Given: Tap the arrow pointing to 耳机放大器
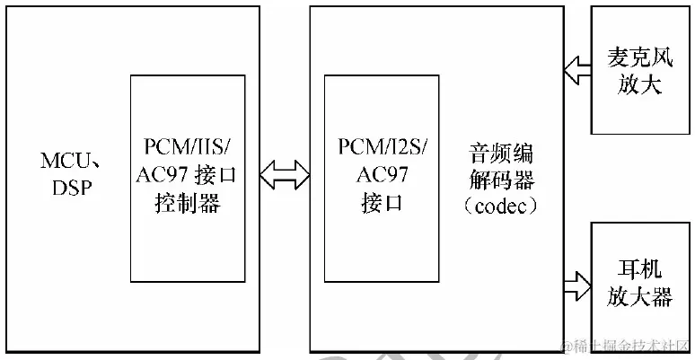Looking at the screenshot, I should pos(575,288).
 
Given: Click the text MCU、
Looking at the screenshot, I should pos(66,161).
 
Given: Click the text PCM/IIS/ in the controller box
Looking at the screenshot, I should pos(187,147).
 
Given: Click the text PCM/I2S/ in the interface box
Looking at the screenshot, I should pos(382,147).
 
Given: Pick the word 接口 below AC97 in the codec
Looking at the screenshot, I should pos(382,204).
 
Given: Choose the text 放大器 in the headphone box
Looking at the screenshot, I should pos(643,297).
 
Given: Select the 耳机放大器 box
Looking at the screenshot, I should pos(643,283).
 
